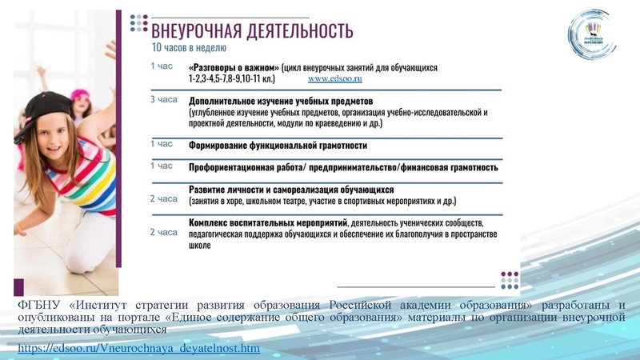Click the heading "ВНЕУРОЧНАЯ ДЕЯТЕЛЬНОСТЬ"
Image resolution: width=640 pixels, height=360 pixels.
pos(252,31)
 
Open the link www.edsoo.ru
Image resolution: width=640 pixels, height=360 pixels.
pos(335,80)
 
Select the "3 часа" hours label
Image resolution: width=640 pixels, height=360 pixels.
pos(163,101)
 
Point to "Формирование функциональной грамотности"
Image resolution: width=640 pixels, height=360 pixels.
pos(278,146)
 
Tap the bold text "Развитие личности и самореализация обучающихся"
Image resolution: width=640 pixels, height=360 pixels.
pos(291,190)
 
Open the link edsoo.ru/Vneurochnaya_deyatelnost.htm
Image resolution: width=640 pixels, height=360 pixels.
pos(138,349)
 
